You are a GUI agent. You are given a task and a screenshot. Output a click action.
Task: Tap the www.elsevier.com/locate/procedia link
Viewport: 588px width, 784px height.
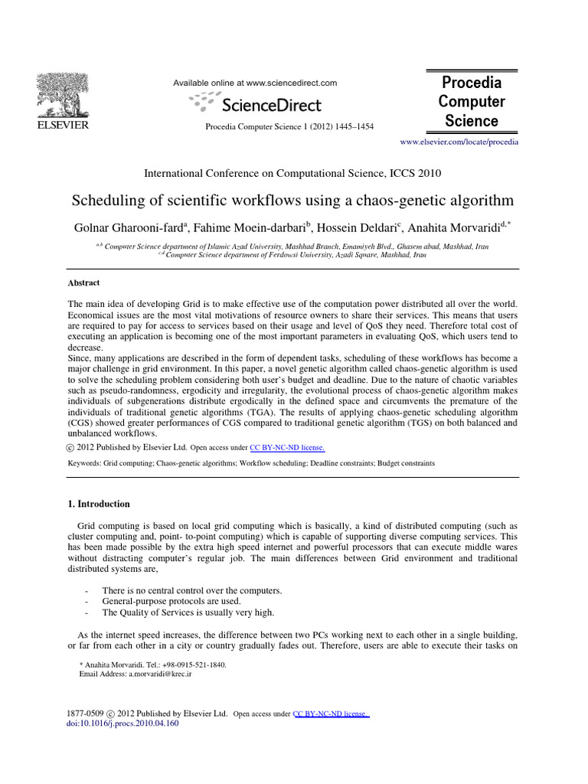coord(459,142)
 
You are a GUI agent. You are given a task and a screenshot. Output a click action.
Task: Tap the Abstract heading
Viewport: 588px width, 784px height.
coord(84,283)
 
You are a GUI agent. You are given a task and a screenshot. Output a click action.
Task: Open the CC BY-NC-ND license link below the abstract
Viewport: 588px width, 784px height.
coord(287,447)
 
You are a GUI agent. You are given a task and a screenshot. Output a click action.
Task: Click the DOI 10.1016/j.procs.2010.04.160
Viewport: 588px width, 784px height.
coord(123,723)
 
